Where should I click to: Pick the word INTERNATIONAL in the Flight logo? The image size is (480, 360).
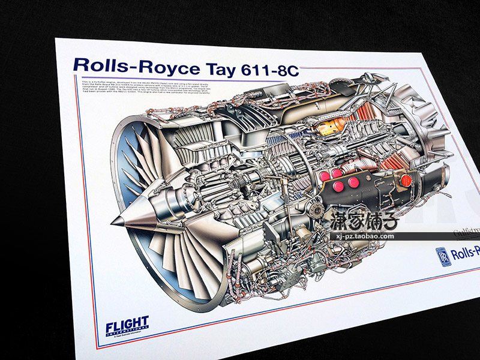127,334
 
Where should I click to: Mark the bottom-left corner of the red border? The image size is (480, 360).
98,346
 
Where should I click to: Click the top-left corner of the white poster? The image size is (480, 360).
56,39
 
